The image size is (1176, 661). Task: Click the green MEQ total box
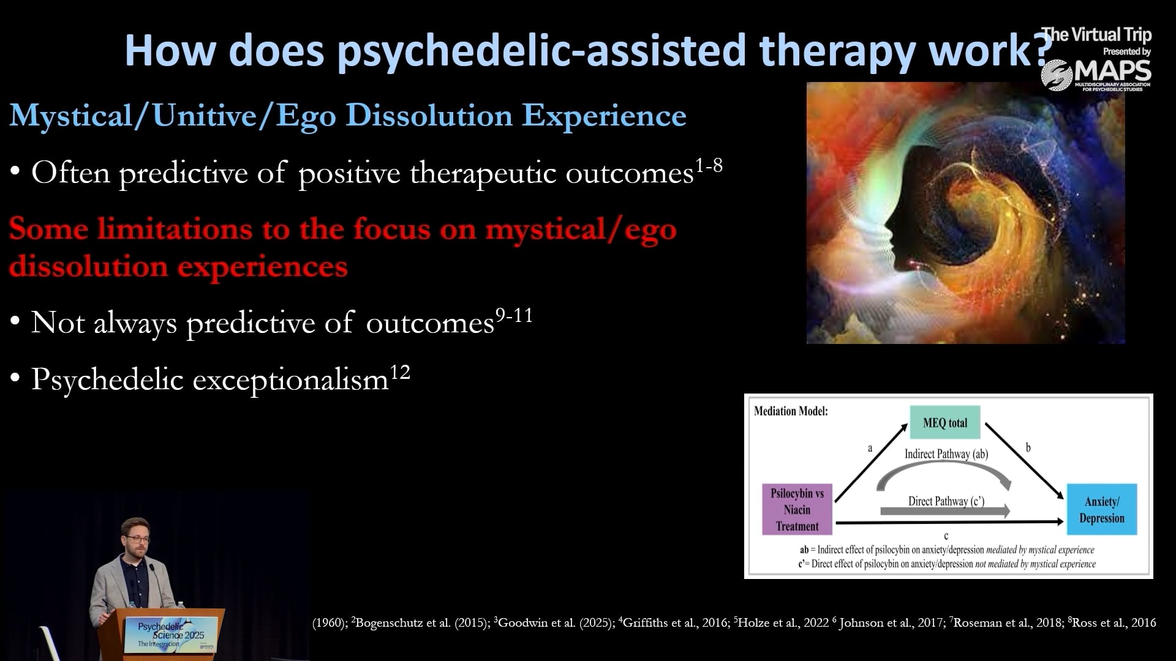(x=945, y=422)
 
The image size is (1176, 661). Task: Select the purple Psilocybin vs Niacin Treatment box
(x=797, y=509)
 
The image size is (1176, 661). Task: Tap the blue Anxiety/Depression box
(x=1102, y=509)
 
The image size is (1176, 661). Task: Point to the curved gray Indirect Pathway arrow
(x=943, y=474)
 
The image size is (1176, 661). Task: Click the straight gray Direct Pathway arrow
(x=945, y=512)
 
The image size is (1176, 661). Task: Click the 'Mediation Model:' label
(x=791, y=411)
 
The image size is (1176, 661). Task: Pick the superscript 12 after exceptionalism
(x=400, y=372)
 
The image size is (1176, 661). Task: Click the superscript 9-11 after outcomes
(x=514, y=316)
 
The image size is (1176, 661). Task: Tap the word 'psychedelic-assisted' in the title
(x=542, y=50)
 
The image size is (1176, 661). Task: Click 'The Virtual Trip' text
(x=1096, y=34)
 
